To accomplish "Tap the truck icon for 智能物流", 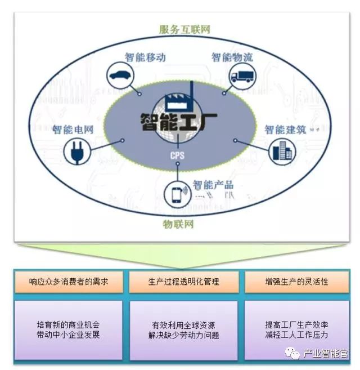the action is coord(241,75).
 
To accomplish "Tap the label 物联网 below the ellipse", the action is coord(178,224).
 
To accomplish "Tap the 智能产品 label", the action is coord(213,184).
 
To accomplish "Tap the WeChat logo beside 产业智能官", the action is coord(292,353).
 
